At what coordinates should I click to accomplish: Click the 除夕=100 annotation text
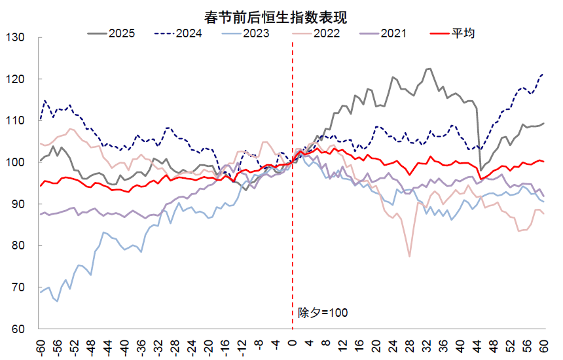(x=322, y=313)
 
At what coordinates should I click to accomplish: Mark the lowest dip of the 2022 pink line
(x=410, y=257)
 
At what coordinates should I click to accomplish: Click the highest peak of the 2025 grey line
(x=429, y=69)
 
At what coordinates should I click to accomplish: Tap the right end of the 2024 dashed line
(x=543, y=74)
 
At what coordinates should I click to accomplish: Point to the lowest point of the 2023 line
(x=57, y=301)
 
